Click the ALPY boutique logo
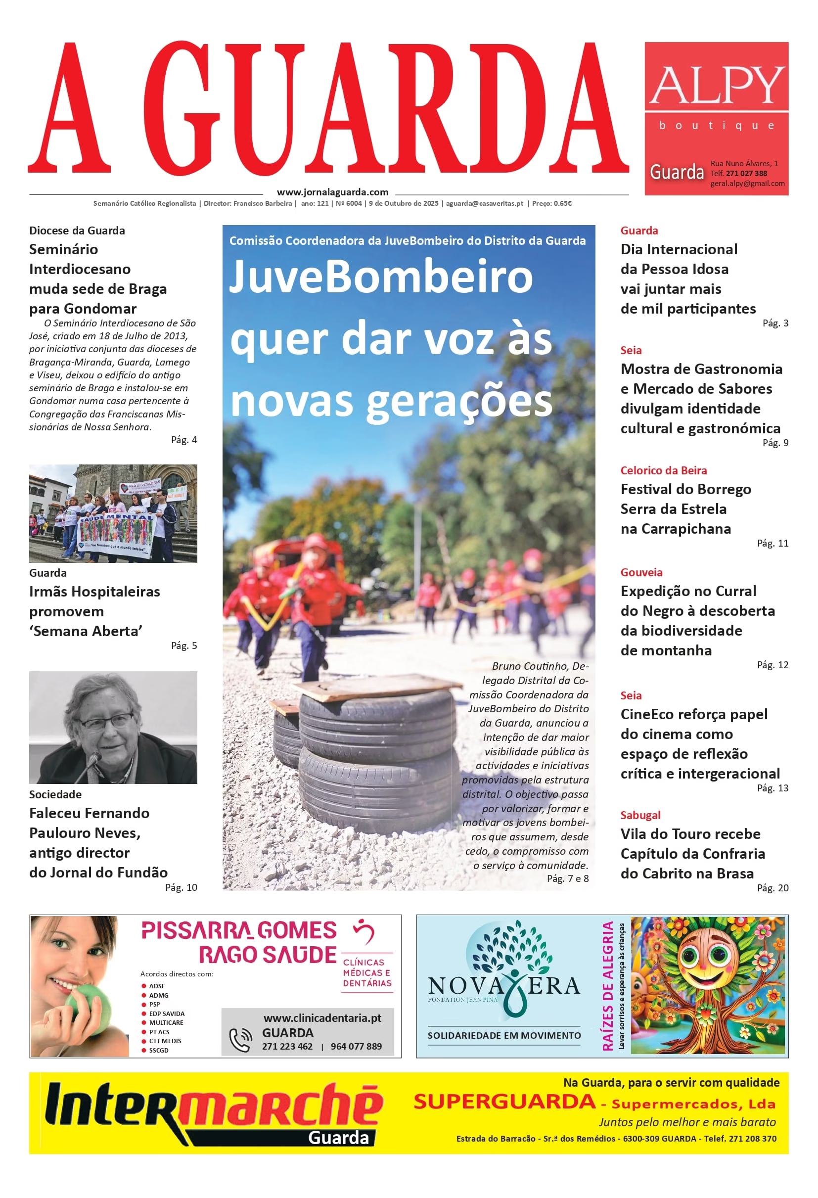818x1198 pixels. tap(716, 98)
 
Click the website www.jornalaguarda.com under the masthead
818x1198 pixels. tap(332, 192)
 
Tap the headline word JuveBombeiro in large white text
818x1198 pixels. tap(381, 277)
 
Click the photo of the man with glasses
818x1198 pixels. tap(113, 727)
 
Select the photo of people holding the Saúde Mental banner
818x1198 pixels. tap(113, 513)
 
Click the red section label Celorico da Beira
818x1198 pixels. tap(663, 470)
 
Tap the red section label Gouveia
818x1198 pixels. tap(641, 572)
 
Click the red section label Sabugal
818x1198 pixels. tap(640, 815)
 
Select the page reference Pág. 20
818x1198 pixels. tap(772, 888)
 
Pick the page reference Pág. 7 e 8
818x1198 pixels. tap(567, 878)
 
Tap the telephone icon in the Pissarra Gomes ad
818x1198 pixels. tap(240, 1039)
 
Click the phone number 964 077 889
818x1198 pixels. tap(356, 1047)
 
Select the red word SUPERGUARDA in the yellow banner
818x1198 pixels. tap(504, 1102)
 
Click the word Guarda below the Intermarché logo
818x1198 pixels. tap(338, 1138)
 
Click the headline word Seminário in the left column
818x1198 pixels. tap(63, 249)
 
